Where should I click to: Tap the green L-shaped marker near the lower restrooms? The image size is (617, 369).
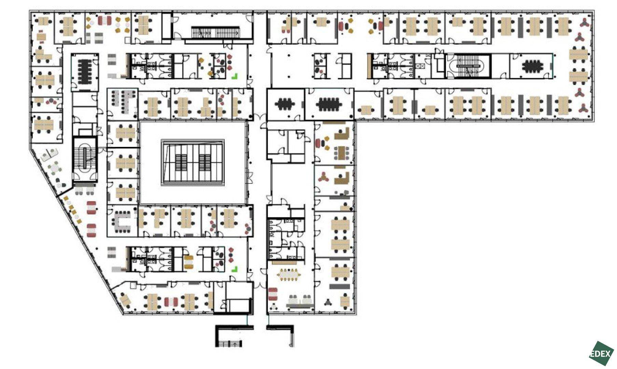[234, 270]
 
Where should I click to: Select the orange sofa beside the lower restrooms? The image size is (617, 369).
[189, 262]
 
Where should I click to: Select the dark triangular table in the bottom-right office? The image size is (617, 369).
[328, 302]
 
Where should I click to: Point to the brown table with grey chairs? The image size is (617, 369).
[341, 152]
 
